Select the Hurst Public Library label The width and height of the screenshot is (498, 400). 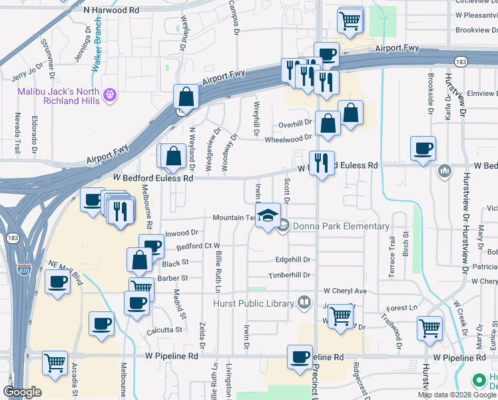point(253,304)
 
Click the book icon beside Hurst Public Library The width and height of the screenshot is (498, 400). point(304,303)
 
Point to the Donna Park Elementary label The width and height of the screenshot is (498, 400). point(341,226)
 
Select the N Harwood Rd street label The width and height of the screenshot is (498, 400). point(112,11)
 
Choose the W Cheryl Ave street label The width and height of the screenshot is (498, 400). point(345,291)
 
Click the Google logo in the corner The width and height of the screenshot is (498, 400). point(22,392)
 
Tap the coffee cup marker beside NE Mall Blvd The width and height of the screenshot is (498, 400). point(57,283)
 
